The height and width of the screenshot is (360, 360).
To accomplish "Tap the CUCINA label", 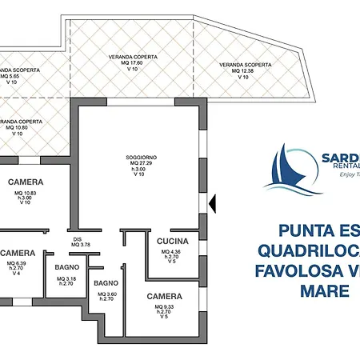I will coord(172,241).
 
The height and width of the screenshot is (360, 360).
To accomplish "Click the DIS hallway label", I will coord(78,238).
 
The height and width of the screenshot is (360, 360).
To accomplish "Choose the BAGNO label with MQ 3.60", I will coord(106,283).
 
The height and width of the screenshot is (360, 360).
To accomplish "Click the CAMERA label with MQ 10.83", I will coord(26,182).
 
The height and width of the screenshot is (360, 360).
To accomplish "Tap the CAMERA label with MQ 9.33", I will coord(163,296).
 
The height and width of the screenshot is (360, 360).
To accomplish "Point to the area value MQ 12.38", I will coord(242,71).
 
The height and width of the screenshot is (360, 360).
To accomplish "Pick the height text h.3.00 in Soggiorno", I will coord(139,169).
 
